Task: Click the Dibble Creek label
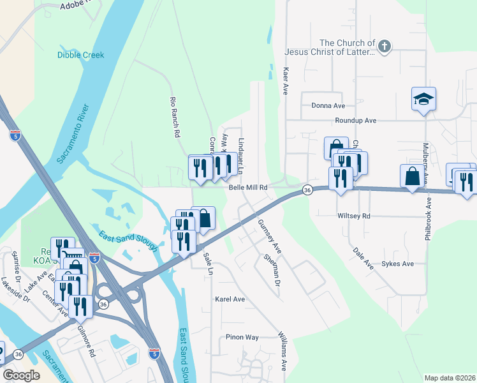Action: click(x=80, y=55)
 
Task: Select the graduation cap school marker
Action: click(x=423, y=99)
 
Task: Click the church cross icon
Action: click(x=384, y=45)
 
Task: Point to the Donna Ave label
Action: click(x=328, y=105)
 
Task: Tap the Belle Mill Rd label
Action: click(x=248, y=188)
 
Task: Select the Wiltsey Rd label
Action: click(x=353, y=216)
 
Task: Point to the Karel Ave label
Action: click(x=230, y=299)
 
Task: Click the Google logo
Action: click(x=21, y=375)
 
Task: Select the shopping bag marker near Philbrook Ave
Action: click(x=412, y=176)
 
